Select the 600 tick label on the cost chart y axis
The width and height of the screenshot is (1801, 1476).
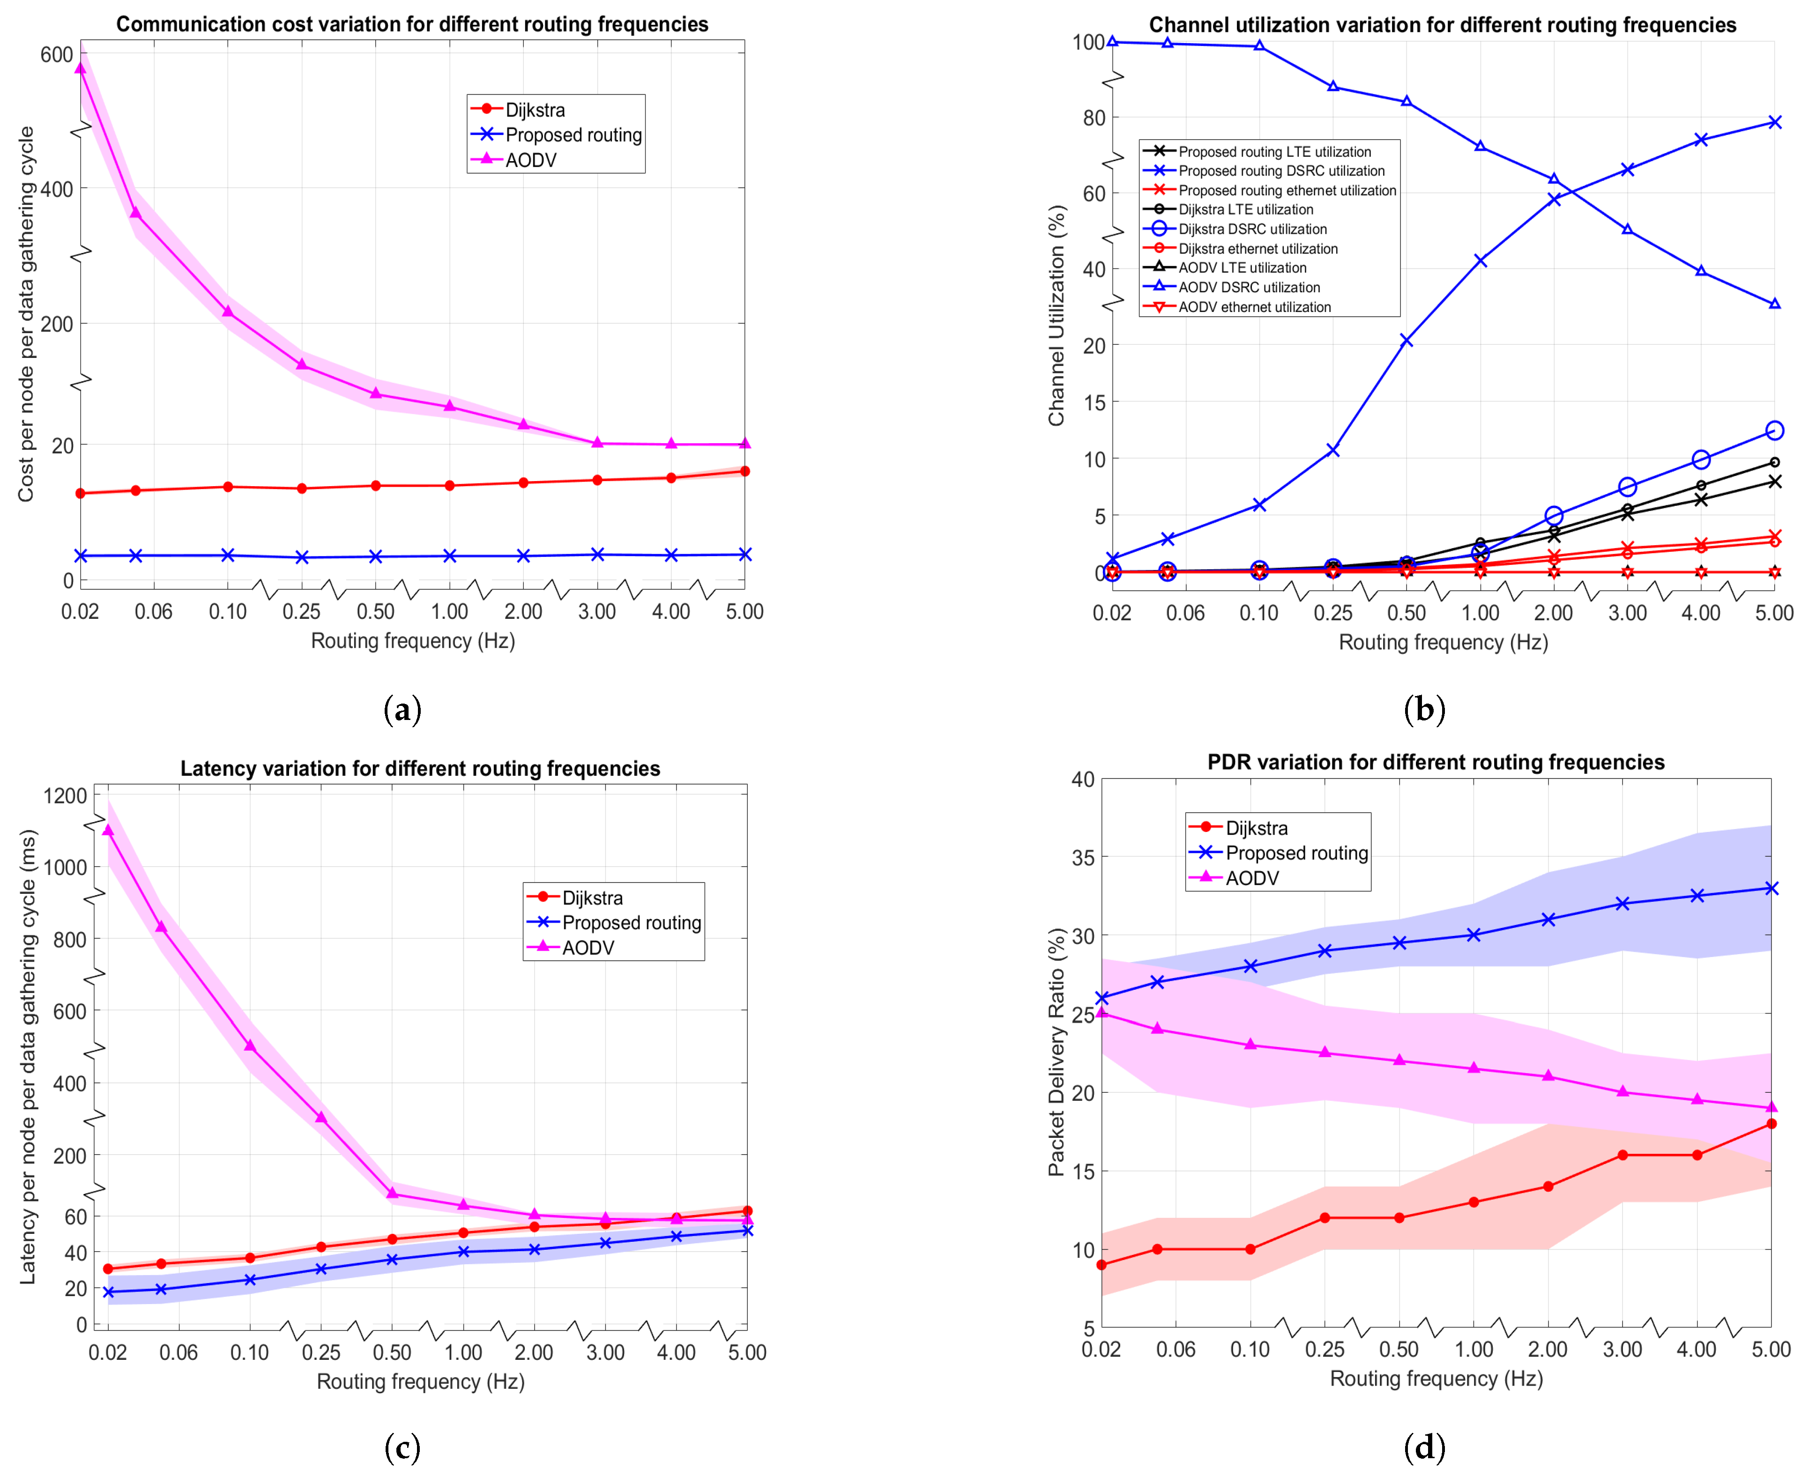57,54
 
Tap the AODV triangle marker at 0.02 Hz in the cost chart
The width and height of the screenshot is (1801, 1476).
80,68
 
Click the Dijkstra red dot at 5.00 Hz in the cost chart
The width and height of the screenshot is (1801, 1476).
745,471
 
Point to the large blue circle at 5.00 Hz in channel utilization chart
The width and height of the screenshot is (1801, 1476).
1774,430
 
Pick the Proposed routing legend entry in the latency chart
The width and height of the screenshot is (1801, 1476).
614,922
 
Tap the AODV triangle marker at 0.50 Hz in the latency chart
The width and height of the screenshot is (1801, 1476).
392,1193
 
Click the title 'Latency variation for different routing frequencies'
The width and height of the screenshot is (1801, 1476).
420,769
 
